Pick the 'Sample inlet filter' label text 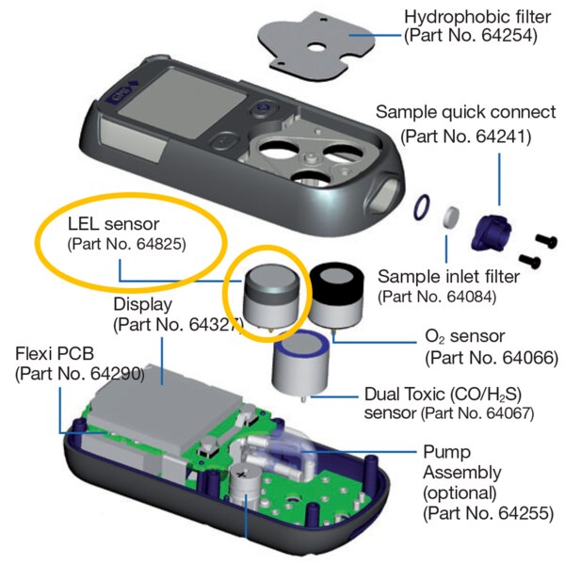(455, 277)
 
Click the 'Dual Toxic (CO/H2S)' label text (436, 391)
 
